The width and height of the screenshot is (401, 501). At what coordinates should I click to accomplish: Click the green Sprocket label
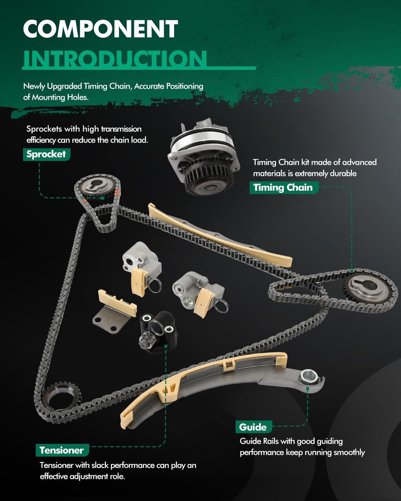tap(46, 154)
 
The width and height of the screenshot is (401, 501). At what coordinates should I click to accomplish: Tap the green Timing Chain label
tap(283, 188)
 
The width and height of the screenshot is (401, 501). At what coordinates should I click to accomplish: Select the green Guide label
tap(254, 427)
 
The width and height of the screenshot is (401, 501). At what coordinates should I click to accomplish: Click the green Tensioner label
tap(62, 450)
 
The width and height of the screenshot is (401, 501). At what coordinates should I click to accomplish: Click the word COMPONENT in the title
tap(101, 29)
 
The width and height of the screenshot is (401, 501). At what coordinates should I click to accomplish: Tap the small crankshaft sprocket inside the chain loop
tap(62, 396)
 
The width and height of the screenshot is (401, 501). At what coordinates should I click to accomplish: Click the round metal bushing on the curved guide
tap(309, 376)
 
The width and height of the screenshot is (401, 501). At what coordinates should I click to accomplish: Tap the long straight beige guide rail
tap(220, 235)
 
